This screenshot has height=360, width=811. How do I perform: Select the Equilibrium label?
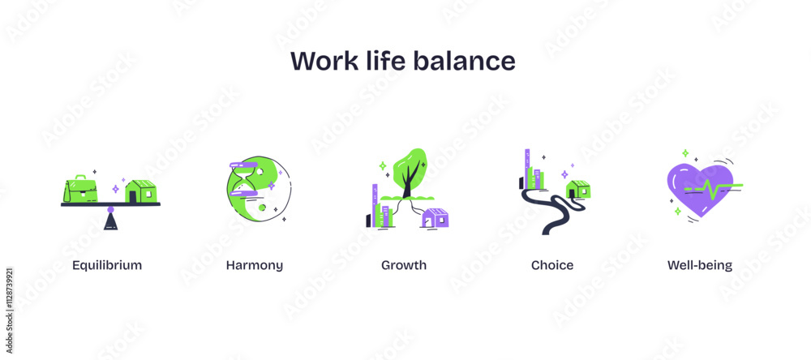coord(107,265)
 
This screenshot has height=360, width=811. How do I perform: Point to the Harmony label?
coord(255,265)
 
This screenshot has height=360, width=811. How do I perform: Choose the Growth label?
coord(404,265)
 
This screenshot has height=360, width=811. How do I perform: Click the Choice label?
coord(552,265)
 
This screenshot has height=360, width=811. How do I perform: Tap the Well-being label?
coord(700,265)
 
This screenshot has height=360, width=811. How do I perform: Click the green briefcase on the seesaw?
coord(81,188)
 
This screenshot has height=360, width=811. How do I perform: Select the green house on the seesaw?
coord(140,191)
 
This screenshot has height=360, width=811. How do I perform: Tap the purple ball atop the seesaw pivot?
coord(111,210)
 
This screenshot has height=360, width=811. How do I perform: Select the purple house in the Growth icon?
coord(435,218)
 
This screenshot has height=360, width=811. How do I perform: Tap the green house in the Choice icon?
coord(578,189)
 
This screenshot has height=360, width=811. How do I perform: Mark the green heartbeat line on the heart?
coord(714,189)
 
